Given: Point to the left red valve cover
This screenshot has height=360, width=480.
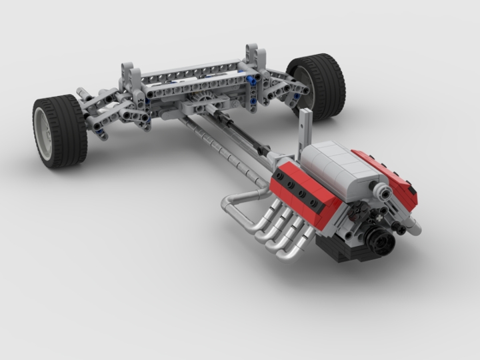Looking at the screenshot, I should click(303, 193).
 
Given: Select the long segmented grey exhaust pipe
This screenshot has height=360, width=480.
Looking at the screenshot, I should click(220, 147).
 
